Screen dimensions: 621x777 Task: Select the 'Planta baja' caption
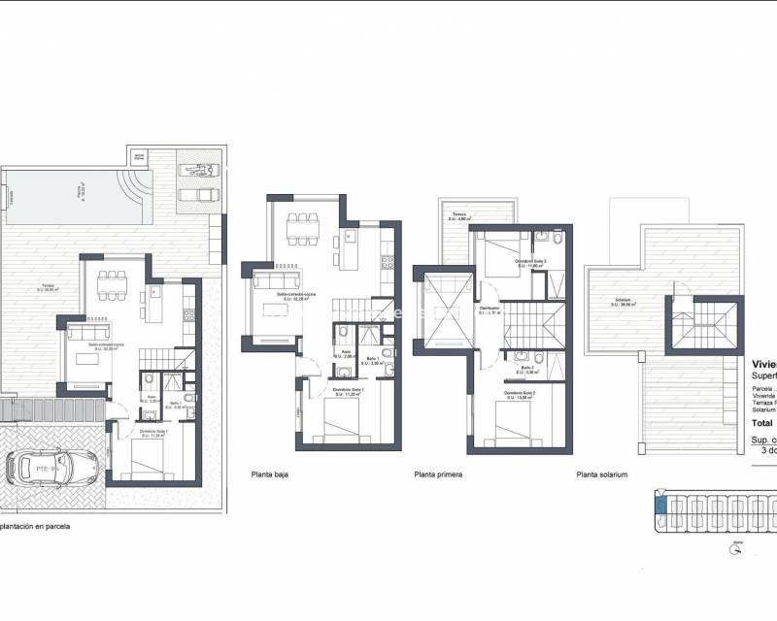click(x=269, y=475)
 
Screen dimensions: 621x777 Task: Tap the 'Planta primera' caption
click(x=438, y=475)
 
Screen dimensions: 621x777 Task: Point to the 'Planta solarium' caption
click(x=602, y=475)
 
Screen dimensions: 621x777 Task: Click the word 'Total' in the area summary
click(x=763, y=423)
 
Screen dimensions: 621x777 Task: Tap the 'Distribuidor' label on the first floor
click(x=490, y=310)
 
